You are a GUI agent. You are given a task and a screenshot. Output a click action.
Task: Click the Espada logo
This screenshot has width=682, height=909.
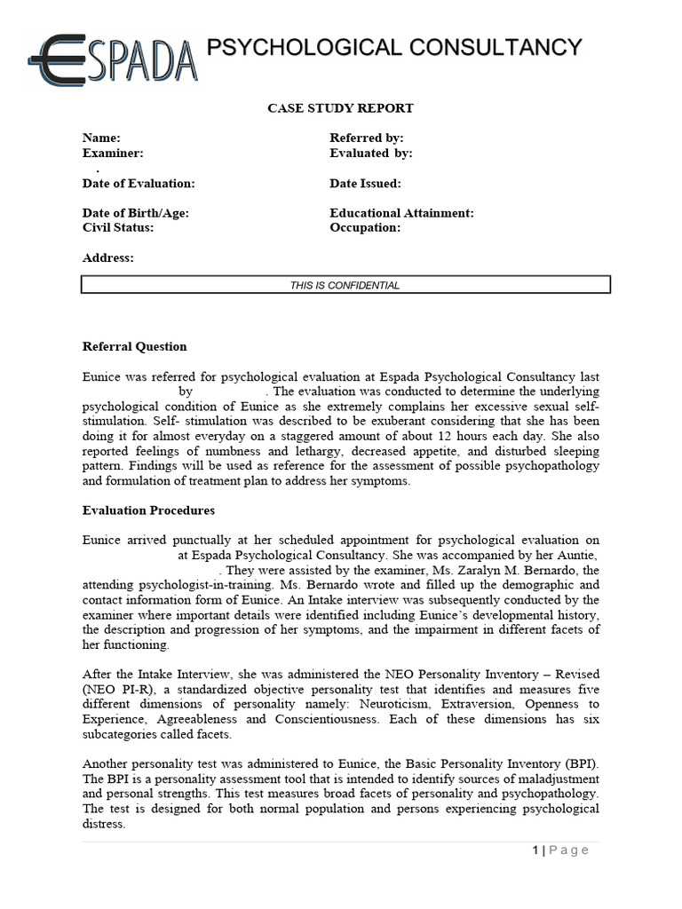(x=112, y=60)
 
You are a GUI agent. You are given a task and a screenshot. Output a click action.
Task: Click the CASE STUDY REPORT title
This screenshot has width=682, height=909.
(x=341, y=108)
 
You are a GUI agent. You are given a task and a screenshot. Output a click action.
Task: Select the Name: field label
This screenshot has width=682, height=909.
(x=101, y=138)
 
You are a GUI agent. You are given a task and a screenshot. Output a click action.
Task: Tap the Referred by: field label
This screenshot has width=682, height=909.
(x=367, y=138)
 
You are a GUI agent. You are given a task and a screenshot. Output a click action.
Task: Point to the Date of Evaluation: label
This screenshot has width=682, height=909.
(x=139, y=184)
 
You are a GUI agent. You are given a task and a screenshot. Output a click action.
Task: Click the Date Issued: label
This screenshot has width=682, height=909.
(x=365, y=184)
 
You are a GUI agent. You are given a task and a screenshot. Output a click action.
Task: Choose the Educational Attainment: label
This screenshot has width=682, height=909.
(x=401, y=213)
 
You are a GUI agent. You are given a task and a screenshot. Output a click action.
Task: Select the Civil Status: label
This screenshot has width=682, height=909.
(x=118, y=227)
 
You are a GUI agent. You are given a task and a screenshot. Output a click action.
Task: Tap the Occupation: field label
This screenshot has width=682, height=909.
(x=365, y=227)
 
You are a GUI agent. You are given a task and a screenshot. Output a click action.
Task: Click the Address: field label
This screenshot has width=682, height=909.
(x=108, y=257)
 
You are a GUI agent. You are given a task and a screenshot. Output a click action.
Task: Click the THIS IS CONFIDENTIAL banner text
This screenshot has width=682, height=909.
(x=345, y=285)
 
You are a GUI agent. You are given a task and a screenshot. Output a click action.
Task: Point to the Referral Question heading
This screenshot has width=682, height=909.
(x=135, y=346)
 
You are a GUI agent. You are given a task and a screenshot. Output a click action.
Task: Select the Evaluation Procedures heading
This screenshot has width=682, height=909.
(x=148, y=510)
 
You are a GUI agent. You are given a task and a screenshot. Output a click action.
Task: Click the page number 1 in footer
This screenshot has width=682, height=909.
(x=535, y=850)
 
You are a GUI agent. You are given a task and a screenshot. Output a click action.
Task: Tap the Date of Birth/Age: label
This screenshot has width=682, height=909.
(x=136, y=213)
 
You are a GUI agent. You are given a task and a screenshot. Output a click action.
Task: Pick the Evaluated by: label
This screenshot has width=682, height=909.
(x=371, y=154)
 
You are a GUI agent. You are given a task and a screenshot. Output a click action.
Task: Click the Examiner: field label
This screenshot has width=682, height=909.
(x=113, y=154)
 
